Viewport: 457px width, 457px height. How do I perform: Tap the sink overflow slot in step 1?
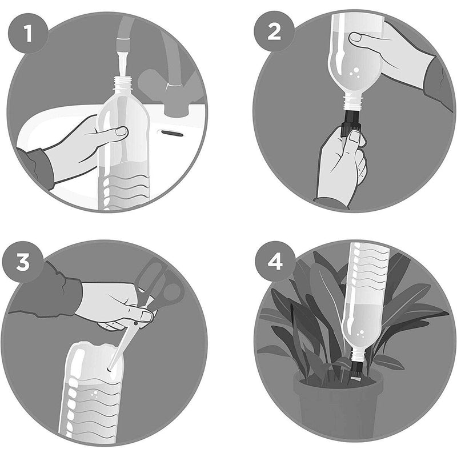pyautogui.click(x=170, y=133)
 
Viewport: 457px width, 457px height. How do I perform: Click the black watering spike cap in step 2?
pyautogui.click(x=347, y=122)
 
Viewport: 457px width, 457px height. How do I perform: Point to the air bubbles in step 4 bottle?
pyautogui.click(x=360, y=332)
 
